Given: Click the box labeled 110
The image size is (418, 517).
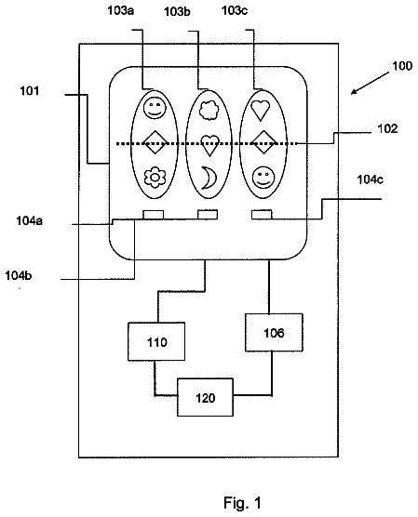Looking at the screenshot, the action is [x=156, y=341].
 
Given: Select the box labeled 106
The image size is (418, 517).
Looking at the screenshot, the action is [x=274, y=332].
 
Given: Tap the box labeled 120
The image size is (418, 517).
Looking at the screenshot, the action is [x=205, y=397].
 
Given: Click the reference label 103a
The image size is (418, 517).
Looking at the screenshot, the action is [x=120, y=10].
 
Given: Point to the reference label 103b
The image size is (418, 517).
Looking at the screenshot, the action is [x=177, y=11].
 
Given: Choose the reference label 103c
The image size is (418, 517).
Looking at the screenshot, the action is [x=235, y=10].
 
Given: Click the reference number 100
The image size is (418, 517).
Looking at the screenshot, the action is [x=402, y=66].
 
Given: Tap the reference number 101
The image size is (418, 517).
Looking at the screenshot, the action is [x=30, y=91].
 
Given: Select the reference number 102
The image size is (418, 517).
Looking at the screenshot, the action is [x=387, y=128].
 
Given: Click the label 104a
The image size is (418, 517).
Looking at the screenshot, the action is [x=30, y=220].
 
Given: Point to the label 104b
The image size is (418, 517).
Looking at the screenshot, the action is [x=19, y=275].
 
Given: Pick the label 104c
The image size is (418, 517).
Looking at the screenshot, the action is [x=371, y=179].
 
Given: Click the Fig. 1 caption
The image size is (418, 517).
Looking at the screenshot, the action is [x=242, y=503].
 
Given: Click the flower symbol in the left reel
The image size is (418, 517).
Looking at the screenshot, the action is [x=155, y=178].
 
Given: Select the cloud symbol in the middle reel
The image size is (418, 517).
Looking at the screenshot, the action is [x=209, y=110].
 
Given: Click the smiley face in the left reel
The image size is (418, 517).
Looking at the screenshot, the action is [x=155, y=108].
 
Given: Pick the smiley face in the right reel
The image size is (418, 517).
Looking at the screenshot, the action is [x=263, y=178].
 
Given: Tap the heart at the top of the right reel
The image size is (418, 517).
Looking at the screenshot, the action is [x=260, y=110].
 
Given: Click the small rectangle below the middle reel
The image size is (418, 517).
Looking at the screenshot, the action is [x=208, y=214].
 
